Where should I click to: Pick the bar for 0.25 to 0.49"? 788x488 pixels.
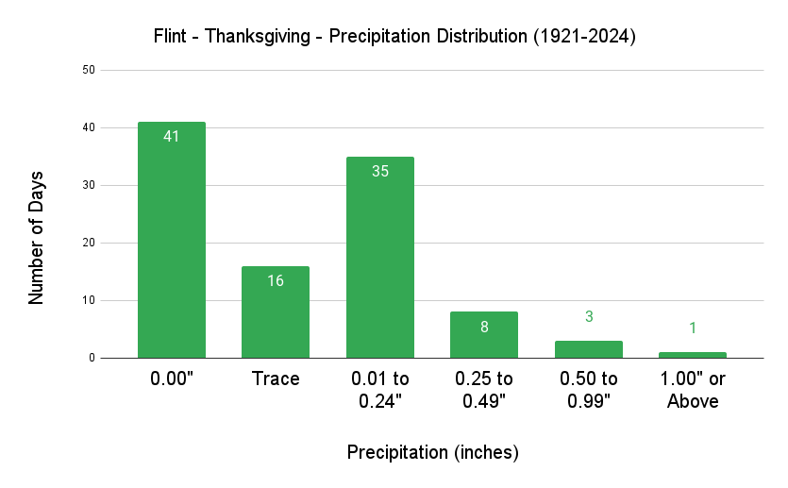[484, 335]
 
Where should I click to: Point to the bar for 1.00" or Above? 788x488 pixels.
[693, 355]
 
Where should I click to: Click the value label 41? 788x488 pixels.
[171, 136]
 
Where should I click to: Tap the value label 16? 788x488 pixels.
[276, 280]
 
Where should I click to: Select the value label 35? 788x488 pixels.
[379, 171]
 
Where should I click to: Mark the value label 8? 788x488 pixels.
[484, 327]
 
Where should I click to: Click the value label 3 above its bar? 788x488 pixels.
[588, 317]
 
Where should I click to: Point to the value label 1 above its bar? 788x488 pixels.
[693, 328]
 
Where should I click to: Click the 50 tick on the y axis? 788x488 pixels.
[88, 70]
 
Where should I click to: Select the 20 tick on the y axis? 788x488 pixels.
[88, 243]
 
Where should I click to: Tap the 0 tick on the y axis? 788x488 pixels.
[92, 358]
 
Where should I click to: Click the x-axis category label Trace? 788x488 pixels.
[276, 379]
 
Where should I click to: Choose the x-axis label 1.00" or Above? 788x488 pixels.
[693, 390]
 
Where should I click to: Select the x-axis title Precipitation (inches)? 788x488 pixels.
[433, 452]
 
